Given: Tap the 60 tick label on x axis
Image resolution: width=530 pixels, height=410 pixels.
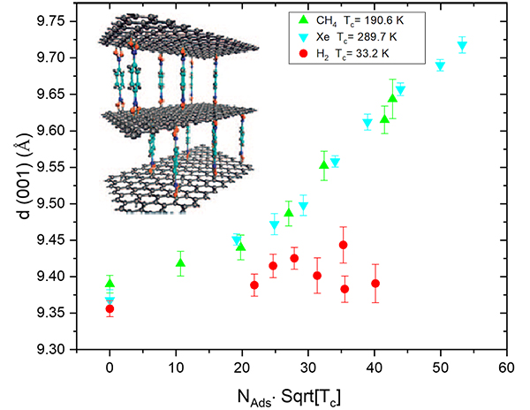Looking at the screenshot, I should click(506, 365).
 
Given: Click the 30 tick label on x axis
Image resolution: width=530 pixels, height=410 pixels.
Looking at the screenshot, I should click(308, 365).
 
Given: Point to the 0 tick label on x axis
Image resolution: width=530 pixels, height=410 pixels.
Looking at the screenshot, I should click(110, 365).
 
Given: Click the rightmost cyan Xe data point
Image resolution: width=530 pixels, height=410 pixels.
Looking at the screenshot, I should click(462, 46).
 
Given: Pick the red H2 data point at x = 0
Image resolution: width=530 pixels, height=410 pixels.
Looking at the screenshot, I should click(110, 308).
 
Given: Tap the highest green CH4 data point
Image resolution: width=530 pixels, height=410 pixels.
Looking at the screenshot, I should click(393, 97).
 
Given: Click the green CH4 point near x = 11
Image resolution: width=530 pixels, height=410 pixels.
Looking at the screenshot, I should click(180, 262).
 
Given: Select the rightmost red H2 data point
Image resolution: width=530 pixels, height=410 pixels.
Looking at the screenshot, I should click(375, 284).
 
